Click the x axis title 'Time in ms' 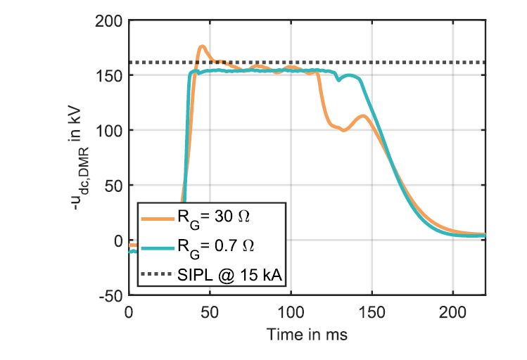[307, 335]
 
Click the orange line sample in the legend [160, 219]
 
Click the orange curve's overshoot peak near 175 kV [202, 47]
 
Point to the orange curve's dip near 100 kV [343, 130]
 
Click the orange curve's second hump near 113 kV [363, 116]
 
